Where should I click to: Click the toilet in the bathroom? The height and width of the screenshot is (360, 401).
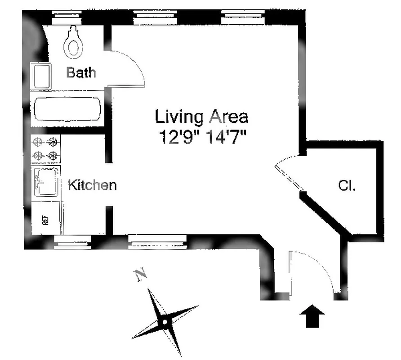73,43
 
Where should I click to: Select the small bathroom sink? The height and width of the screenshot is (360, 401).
41,75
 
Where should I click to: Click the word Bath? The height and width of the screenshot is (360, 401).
81,72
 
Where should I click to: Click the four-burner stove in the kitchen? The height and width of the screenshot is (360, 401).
46,149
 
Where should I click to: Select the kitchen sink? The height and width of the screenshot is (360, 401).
46,181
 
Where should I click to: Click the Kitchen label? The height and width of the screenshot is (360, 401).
92,184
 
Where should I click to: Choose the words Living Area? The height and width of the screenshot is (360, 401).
201,117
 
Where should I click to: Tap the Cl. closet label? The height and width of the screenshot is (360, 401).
347,186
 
